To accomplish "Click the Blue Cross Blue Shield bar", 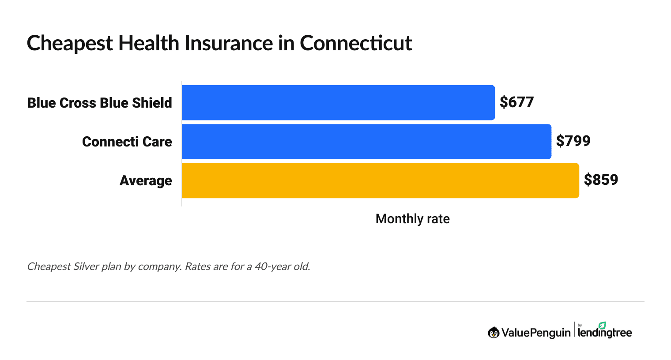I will pos(338,102).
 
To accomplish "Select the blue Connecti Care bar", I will pos(366,142).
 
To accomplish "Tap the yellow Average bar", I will pos(380,180).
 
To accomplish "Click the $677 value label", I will pos(516,102).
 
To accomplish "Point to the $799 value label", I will pos(573,141).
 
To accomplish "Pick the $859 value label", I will pos(601,180).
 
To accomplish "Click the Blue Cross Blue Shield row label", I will pos(99,103).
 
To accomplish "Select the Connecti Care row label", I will pos(127,142).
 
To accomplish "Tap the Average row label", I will pos(146,181).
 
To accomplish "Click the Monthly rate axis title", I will pos(412,219).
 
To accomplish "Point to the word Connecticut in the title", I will pos(356,44).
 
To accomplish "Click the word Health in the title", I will pos(149,44).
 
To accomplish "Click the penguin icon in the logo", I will pos(493,333).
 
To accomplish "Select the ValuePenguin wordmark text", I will pos(535,333).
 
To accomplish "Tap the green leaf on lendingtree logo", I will pos(602,326).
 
